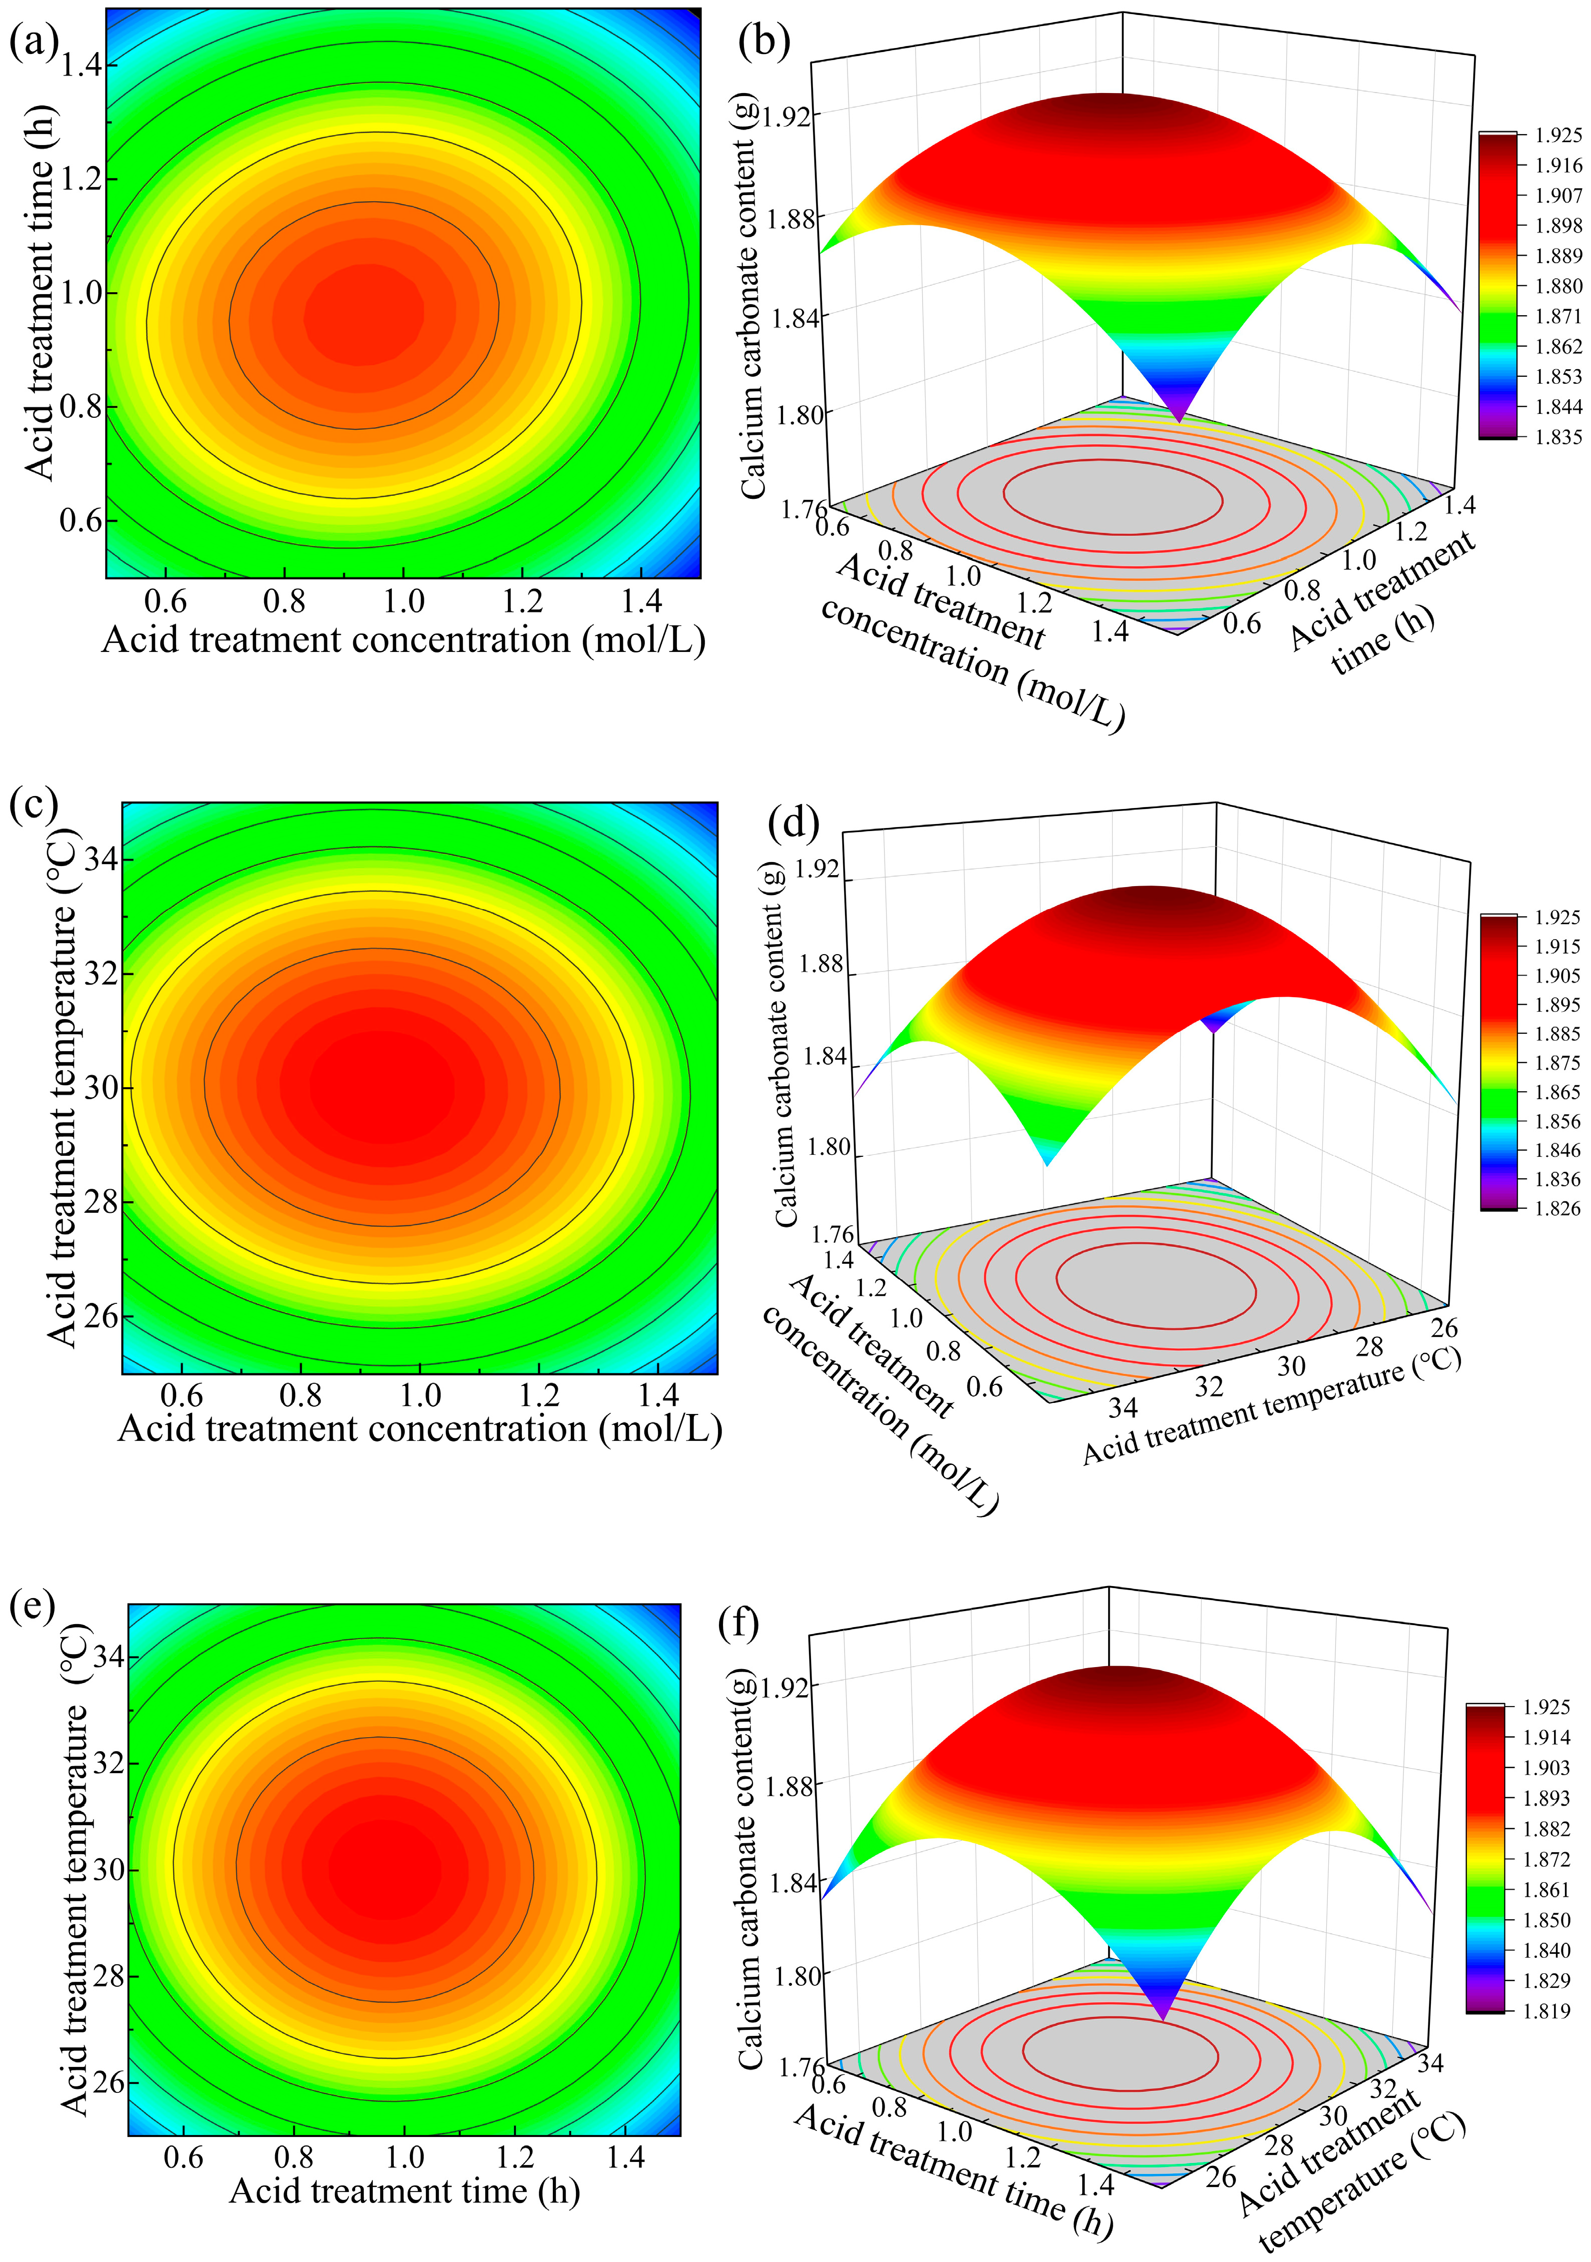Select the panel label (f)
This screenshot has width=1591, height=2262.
tap(739, 1621)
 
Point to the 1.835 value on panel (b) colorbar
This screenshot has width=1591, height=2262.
tap(1558, 436)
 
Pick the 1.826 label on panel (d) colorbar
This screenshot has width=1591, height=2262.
tap(1556, 1208)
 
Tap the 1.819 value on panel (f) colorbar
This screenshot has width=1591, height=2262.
tap(1546, 2011)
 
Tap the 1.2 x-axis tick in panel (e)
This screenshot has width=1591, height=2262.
tap(515, 2156)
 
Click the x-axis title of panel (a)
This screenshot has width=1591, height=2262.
tap(404, 640)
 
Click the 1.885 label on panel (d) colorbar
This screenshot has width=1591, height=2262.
tap(1556, 1034)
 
